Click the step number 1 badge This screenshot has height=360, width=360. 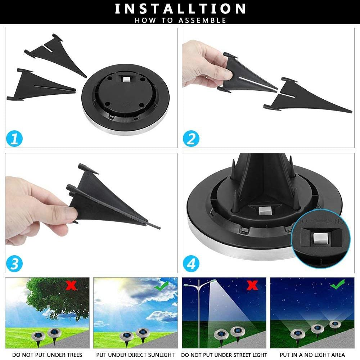tap(14, 139)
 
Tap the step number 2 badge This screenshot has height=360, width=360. tap(191, 139)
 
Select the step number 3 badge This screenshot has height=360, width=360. tap(14, 264)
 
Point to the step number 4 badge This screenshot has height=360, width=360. tap(191, 264)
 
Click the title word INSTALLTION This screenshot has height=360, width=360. tap(180, 9)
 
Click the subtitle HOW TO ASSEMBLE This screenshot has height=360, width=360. tap(180, 20)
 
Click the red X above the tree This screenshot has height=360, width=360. tap(71, 286)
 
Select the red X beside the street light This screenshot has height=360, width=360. tap(252, 285)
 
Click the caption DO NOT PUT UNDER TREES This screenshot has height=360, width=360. tap(47, 355)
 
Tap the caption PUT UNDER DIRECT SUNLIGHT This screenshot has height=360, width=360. tap(135, 355)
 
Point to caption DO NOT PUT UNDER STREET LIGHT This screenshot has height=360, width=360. tap(224, 355)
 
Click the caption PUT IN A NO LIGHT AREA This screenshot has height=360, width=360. tap(312, 355)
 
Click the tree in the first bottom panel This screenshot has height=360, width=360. tap(54, 297)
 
